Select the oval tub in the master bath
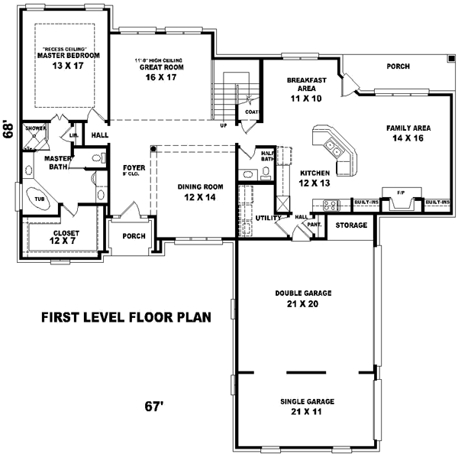click(x=38, y=199)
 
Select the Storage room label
click(x=352, y=225)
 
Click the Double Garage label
click(x=303, y=293)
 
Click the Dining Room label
click(x=201, y=186)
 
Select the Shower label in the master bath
click(x=34, y=128)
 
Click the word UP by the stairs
click(x=223, y=125)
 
